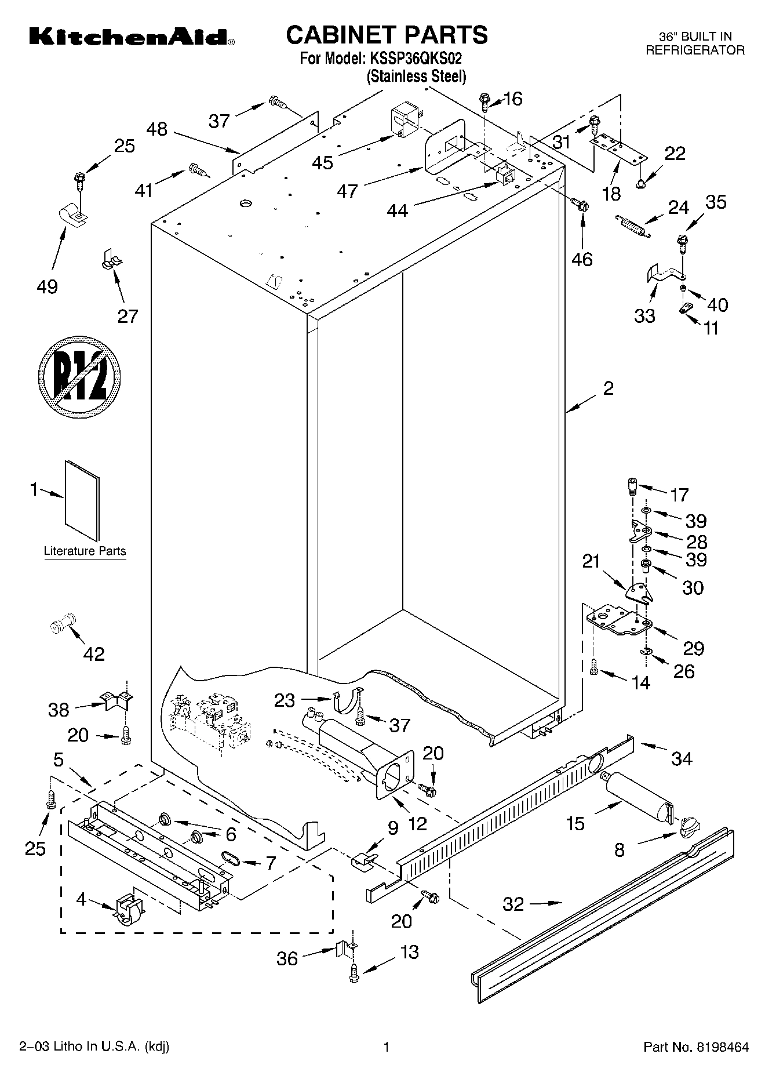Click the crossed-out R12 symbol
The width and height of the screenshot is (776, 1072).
click(x=80, y=376)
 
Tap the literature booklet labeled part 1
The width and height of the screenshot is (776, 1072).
click(x=82, y=500)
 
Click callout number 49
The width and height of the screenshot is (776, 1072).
click(x=48, y=286)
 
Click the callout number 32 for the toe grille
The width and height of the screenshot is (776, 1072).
click(x=513, y=904)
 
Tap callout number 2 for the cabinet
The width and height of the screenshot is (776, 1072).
click(x=607, y=388)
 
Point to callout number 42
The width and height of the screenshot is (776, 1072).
click(x=94, y=654)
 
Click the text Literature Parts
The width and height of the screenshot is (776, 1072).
click(x=85, y=551)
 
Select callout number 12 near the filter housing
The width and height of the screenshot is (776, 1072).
click(x=417, y=823)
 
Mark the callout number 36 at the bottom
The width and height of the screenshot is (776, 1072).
click(x=287, y=959)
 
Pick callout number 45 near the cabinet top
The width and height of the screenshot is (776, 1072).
click(x=322, y=163)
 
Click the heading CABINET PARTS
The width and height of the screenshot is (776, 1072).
click(x=387, y=35)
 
